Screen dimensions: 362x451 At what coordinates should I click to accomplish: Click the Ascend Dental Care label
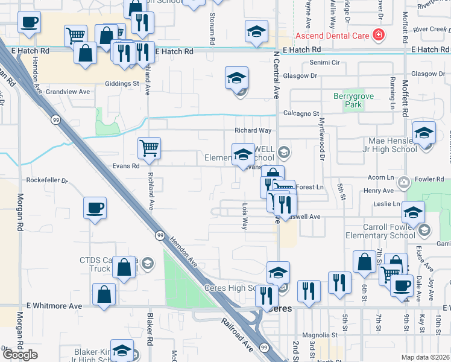click(332, 36)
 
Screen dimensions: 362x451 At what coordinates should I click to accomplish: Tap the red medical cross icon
click(378, 35)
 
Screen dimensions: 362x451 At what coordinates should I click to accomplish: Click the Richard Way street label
click(253, 130)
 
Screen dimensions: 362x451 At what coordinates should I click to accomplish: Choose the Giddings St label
click(122, 84)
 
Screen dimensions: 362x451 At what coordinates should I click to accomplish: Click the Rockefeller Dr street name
click(48, 180)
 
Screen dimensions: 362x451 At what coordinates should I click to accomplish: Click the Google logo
click(20, 355)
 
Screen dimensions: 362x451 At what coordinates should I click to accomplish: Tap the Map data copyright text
click(425, 357)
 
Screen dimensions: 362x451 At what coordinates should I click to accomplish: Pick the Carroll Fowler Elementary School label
click(380, 232)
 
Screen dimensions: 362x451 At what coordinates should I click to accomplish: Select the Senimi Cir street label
click(325, 63)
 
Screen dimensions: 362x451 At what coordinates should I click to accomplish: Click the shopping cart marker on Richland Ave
click(148, 147)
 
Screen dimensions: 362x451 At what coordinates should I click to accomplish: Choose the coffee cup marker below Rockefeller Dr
click(95, 208)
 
